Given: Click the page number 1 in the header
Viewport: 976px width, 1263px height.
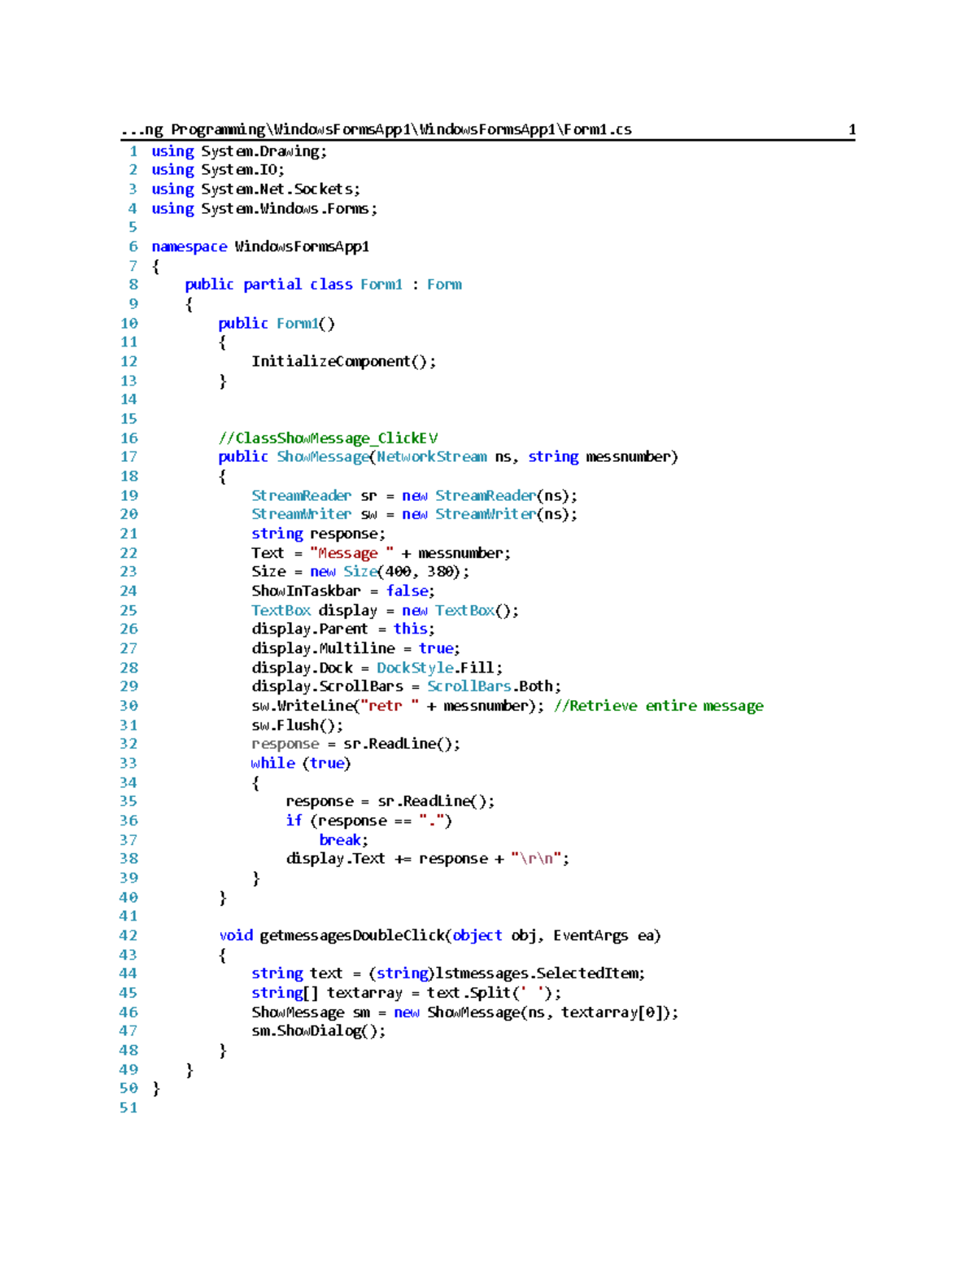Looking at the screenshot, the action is pos(852,129).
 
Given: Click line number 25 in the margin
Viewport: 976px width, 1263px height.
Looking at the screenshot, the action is pos(129,610).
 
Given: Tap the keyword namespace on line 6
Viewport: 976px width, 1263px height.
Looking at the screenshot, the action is pos(189,247).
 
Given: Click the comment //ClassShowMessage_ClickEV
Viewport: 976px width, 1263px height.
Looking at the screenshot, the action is pos(328,438).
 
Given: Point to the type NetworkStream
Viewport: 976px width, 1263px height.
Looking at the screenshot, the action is pos(431,457).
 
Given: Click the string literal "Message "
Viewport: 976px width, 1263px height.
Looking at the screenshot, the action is pos(351,553).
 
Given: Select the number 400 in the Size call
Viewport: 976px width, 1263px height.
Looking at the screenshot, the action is pos(398,572).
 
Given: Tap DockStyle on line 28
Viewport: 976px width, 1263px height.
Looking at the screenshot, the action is pos(415,668).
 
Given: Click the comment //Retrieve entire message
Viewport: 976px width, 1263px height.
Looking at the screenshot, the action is pos(659,706).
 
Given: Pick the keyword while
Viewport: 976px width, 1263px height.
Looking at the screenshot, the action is pos(272,763).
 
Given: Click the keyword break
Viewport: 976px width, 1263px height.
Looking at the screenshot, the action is pos(340,840).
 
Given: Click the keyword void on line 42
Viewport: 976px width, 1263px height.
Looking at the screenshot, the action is pos(235,935).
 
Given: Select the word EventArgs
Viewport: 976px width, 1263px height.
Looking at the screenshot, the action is pos(590,936).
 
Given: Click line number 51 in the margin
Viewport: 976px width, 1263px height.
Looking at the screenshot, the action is pos(129,1108).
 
